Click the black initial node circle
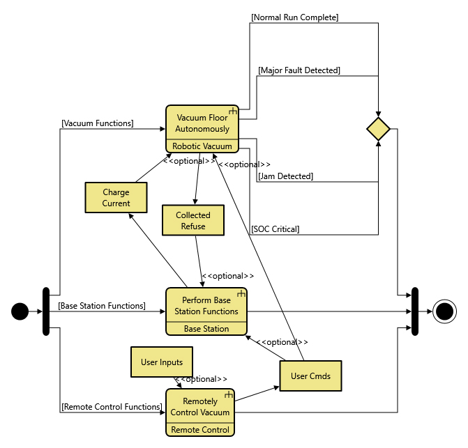[x=20, y=311]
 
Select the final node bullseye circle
[x=444, y=311]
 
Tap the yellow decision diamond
[x=378, y=129]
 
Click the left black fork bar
[x=46, y=311]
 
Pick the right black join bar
[x=415, y=311]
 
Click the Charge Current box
[x=116, y=198]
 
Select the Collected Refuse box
[x=193, y=221]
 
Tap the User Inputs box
[x=162, y=362]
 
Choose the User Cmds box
[x=310, y=376]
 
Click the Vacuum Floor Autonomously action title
[x=202, y=123]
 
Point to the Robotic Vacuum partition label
[x=202, y=146]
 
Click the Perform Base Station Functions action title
[x=206, y=306]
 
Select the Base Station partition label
[x=206, y=329]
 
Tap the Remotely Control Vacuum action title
[x=200, y=406]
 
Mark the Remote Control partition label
[x=200, y=430]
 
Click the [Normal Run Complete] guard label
[x=295, y=17]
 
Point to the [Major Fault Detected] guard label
[x=299, y=70]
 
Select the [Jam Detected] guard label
[x=285, y=176]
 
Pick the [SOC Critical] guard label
[x=275, y=229]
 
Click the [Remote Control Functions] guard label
[x=112, y=406]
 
